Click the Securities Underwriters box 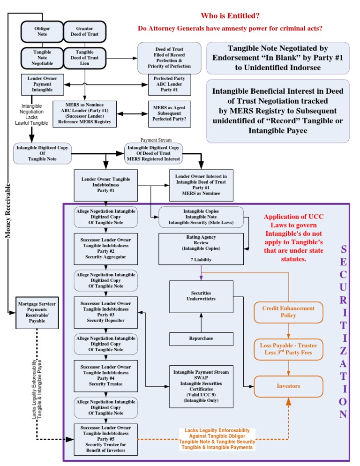[201, 296]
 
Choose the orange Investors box [288, 386]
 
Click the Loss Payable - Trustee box [288, 349]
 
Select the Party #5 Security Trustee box [105, 439]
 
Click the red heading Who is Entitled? [230, 15]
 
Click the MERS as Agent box [169, 114]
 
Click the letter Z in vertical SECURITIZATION [344, 351]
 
